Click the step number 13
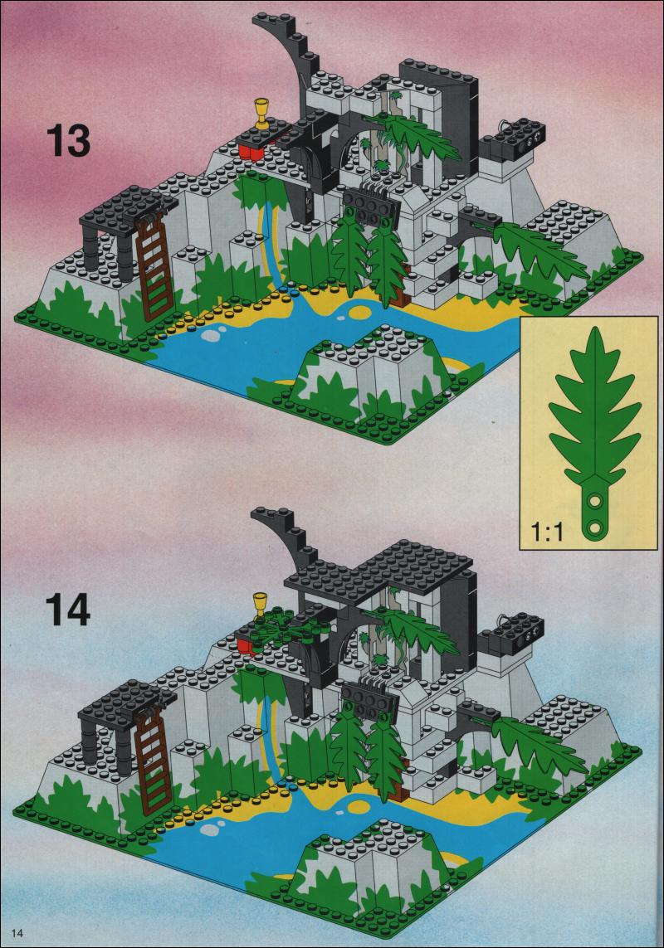[x=68, y=141]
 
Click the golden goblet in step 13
[x=262, y=113]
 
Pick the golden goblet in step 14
[x=260, y=604]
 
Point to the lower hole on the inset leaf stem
[x=596, y=527]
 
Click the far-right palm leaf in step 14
[x=535, y=744]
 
